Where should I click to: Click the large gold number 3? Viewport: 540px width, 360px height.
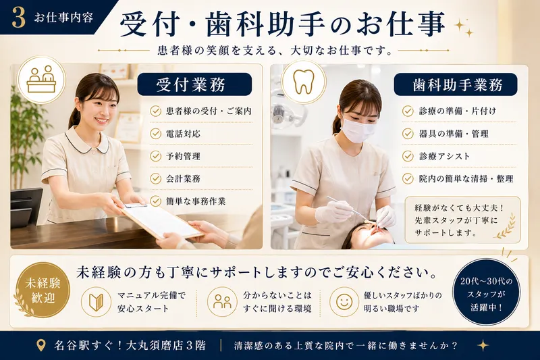[19, 18]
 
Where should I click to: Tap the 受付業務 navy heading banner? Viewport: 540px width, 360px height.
[194, 84]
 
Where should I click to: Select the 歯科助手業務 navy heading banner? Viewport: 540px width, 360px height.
[456, 84]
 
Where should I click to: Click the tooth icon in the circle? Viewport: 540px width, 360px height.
[303, 82]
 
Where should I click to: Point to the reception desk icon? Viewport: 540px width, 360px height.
[41, 80]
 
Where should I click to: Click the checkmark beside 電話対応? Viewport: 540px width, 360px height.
[156, 134]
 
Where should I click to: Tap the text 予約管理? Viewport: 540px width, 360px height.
[183, 157]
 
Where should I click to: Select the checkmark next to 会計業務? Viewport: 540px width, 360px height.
[156, 178]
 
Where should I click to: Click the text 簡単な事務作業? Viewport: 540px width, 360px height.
[196, 201]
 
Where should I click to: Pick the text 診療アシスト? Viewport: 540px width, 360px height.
[444, 157]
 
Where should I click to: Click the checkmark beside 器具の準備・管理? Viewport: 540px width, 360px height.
[408, 134]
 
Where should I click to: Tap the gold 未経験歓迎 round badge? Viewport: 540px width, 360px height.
[43, 290]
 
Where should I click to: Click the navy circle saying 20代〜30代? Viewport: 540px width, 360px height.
[486, 294]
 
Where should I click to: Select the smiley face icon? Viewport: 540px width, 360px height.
[344, 302]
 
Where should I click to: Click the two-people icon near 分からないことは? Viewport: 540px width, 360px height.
[222, 301]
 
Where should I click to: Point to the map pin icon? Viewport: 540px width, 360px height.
[41, 345]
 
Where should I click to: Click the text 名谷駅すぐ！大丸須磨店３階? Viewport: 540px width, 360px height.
[130, 345]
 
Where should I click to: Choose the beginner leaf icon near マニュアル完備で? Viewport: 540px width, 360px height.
[96, 302]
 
